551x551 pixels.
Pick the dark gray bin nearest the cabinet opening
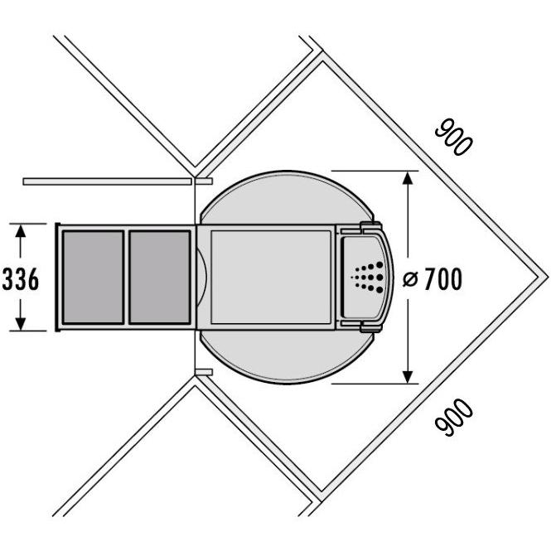160,277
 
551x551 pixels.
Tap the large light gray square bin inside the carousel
270,277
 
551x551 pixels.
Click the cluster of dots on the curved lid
368,277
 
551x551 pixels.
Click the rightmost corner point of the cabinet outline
547,277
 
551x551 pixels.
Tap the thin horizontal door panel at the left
108,180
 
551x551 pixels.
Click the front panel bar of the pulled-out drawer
58,277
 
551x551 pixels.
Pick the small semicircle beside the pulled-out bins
201,277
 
